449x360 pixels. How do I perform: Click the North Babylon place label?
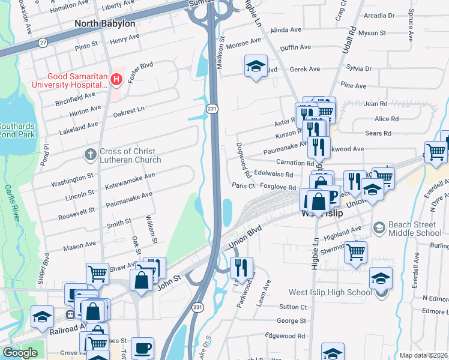coord(104,23)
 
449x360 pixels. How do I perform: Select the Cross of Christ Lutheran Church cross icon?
coord(90,155)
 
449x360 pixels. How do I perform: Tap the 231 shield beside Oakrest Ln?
coord(211,109)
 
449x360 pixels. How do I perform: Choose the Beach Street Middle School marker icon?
coord(379,227)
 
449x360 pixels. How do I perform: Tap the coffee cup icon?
coord(142,347)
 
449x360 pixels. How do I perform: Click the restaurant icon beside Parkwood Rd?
coord(241,267)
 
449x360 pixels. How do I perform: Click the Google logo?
coord(20,353)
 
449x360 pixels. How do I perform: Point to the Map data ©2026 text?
coord(423,355)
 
